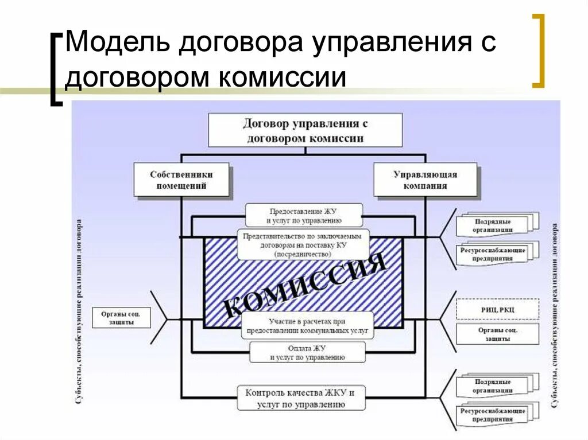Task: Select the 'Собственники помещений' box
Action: tap(181, 180)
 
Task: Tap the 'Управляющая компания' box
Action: tap(425, 180)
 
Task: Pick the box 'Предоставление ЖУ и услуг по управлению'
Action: tap(304, 215)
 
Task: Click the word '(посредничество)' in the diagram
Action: tap(303, 253)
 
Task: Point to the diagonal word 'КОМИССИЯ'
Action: tap(304, 284)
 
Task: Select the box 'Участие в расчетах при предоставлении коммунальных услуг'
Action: tap(307, 326)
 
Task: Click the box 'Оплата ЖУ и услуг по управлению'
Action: tap(307, 352)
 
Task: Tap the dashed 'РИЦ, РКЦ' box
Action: tap(497, 309)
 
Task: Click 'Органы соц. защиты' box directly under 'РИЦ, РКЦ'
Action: tap(497, 334)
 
